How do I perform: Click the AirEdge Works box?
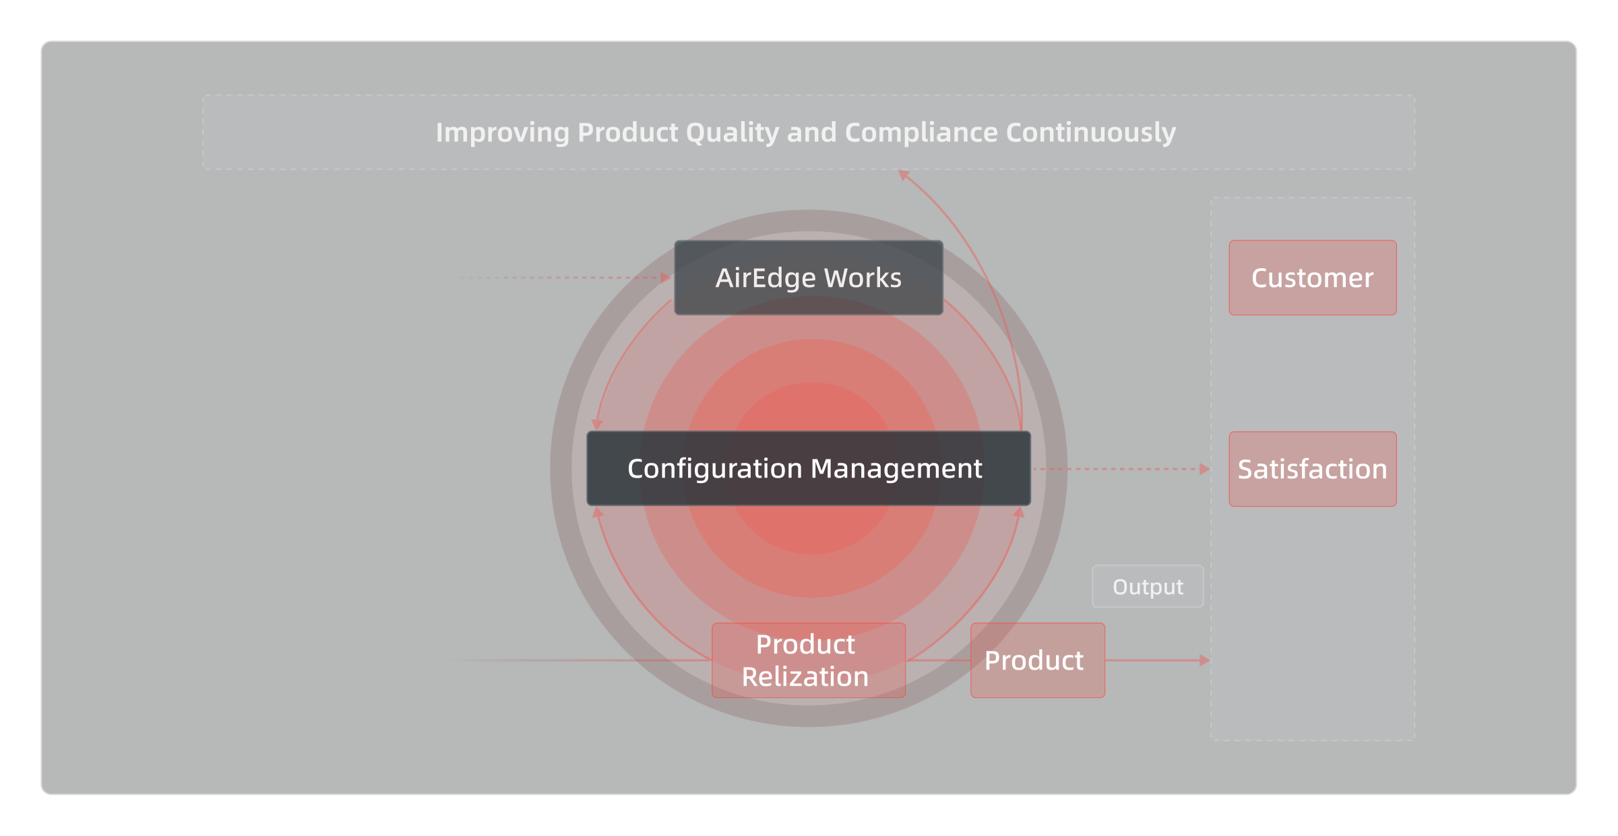pyautogui.click(x=809, y=278)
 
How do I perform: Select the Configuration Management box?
pyautogui.click(x=809, y=468)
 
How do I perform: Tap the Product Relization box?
pyautogui.click(x=809, y=660)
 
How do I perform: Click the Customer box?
pyautogui.click(x=1313, y=278)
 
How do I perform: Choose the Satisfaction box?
pyautogui.click(x=1313, y=469)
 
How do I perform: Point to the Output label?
pyautogui.click(x=1148, y=586)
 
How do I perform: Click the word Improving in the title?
pyautogui.click(x=503, y=133)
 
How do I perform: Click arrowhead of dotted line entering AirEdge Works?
pyautogui.click(x=665, y=278)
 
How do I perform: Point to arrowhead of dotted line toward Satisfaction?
pyautogui.click(x=1205, y=469)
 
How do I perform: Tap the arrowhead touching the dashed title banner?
pyautogui.click(x=904, y=175)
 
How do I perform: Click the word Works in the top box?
pyautogui.click(x=863, y=278)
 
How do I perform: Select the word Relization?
pyautogui.click(x=805, y=677)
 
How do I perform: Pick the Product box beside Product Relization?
pyautogui.click(x=1038, y=660)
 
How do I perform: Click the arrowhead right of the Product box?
pyautogui.click(x=1205, y=660)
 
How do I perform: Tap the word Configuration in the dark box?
pyautogui.click(x=716, y=469)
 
